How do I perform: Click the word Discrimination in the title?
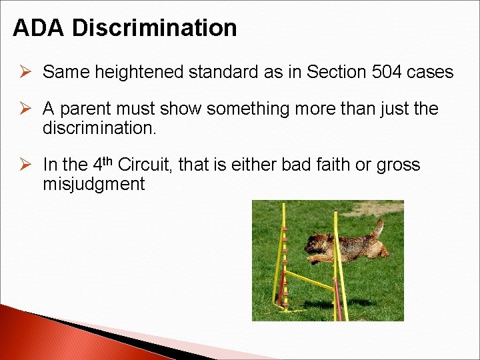154,28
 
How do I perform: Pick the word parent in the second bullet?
87,109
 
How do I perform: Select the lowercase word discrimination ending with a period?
99,127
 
